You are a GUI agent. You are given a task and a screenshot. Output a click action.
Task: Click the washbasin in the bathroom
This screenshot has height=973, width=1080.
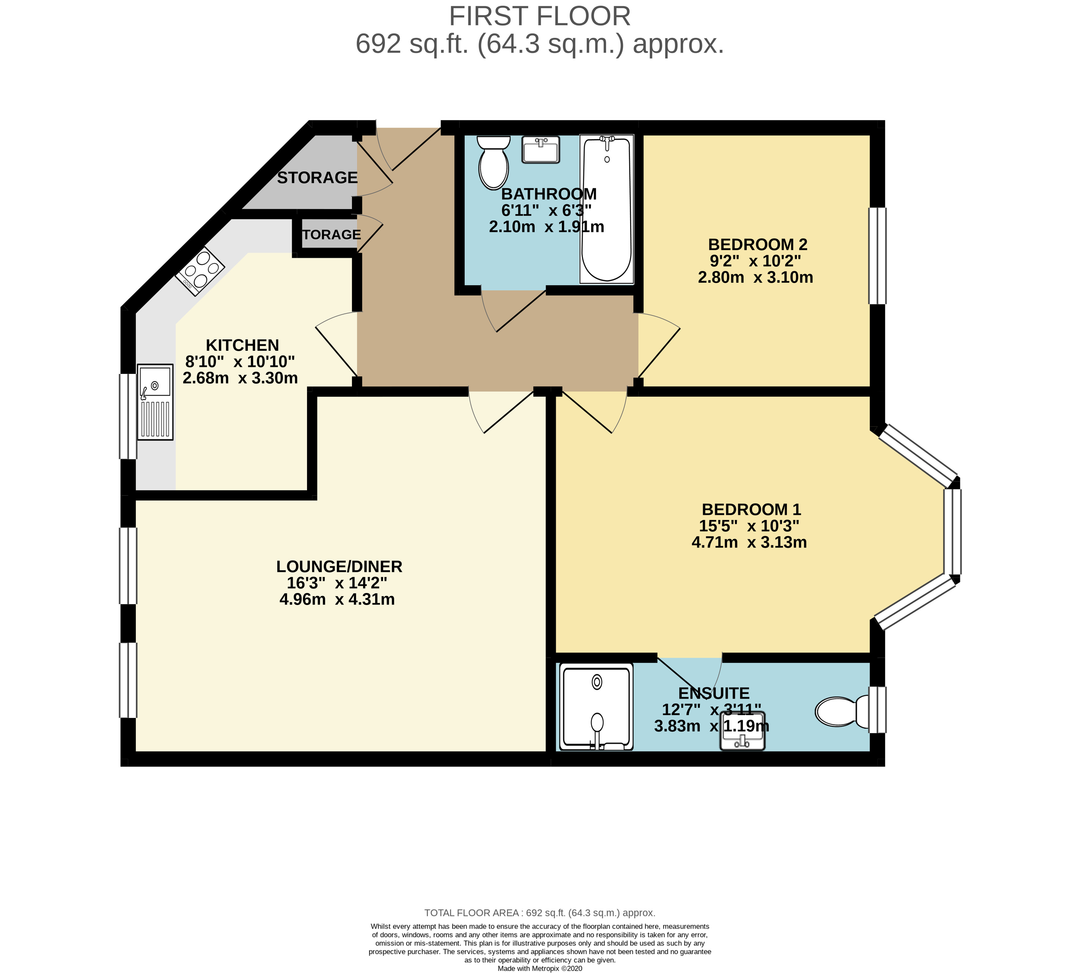pos(540,149)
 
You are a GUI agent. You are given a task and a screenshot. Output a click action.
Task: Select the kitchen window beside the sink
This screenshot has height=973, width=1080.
pos(127,416)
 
